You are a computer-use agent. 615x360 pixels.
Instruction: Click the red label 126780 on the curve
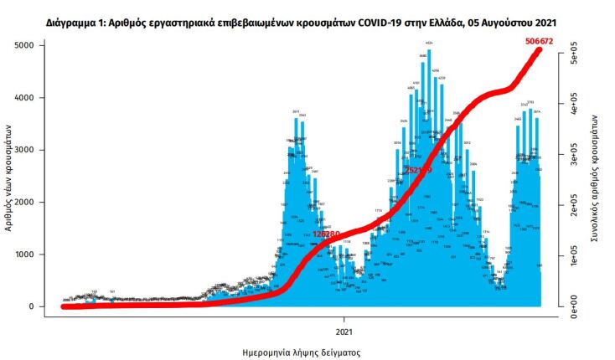[326, 234]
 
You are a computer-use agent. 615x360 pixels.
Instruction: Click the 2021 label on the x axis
[345, 319]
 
